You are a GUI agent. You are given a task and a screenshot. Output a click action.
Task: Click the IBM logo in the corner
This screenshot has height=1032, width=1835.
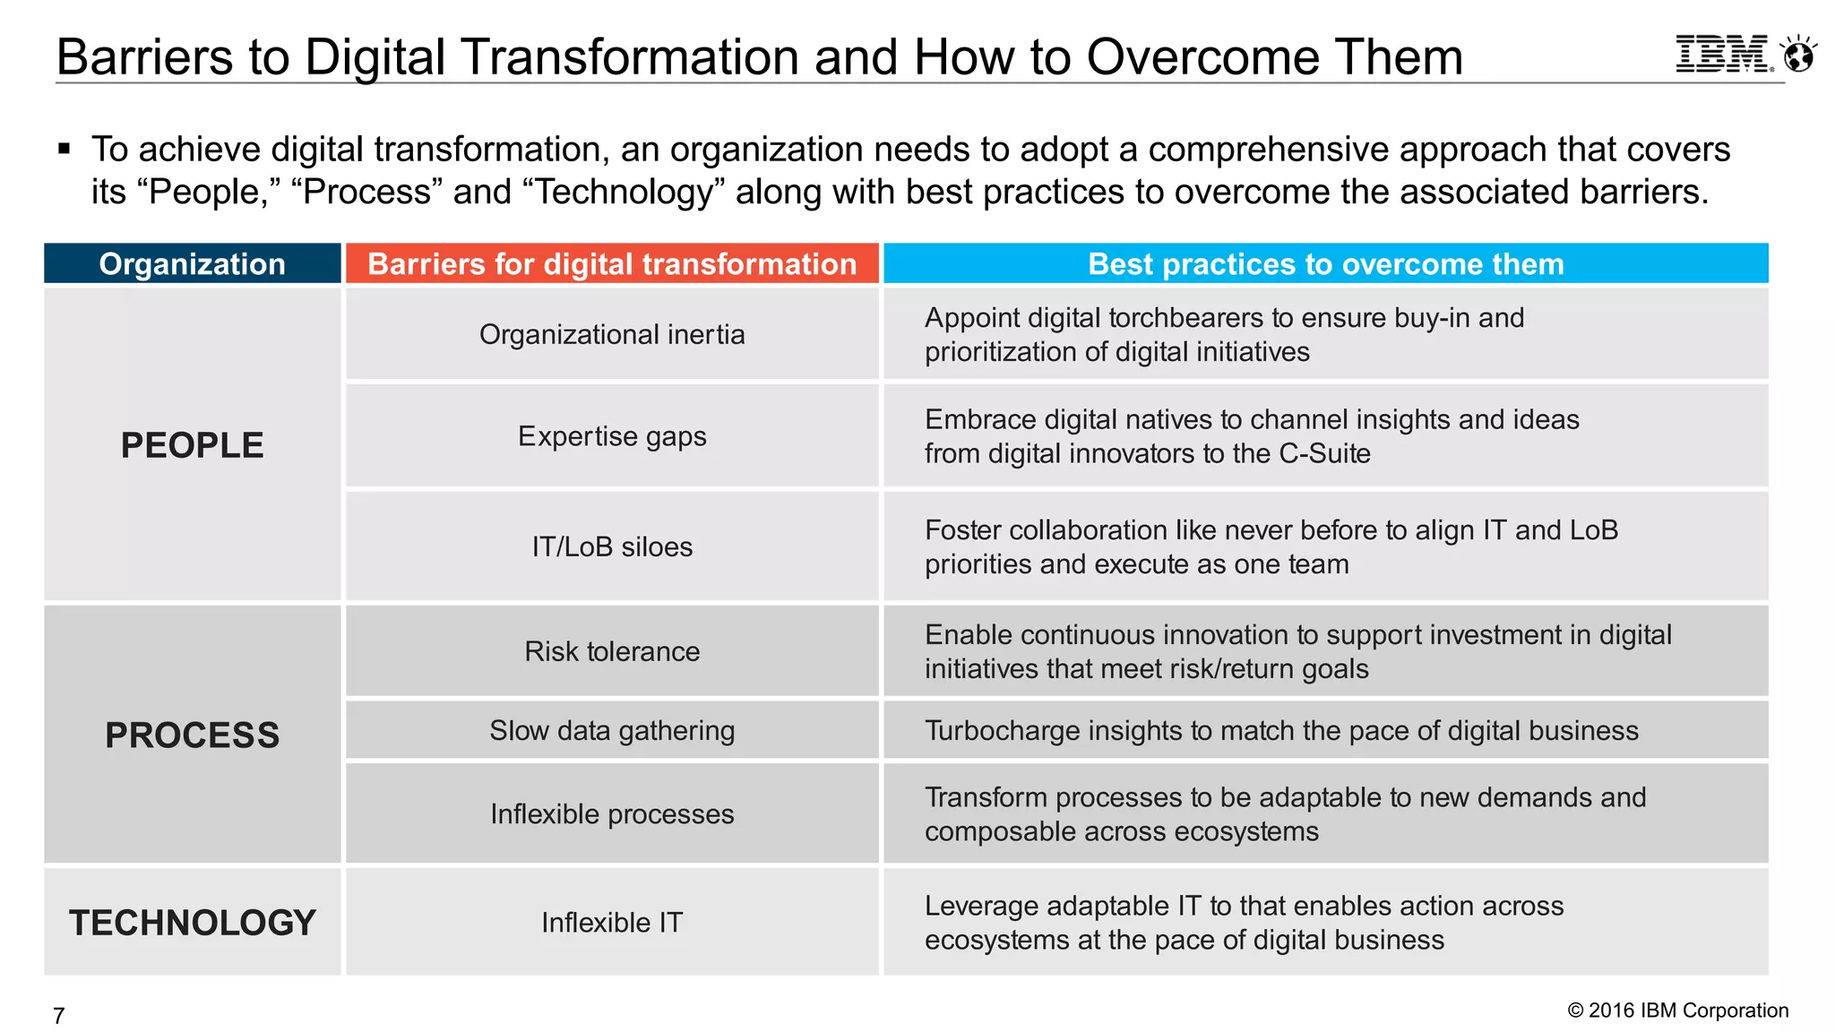(1723, 55)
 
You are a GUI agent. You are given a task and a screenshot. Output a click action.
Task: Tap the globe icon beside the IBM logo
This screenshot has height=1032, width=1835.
(1798, 55)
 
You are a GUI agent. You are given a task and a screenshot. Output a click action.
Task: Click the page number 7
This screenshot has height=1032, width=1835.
(59, 1016)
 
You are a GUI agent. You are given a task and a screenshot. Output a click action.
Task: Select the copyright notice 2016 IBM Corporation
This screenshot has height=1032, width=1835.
(1677, 1010)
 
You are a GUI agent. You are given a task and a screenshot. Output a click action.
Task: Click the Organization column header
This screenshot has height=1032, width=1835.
(192, 264)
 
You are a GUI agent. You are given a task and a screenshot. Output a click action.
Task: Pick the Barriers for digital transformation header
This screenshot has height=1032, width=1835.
(612, 264)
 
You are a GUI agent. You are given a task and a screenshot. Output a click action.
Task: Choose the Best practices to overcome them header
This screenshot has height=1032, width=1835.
(1325, 264)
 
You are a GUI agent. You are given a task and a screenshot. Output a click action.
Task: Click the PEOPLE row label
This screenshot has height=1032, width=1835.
(192, 445)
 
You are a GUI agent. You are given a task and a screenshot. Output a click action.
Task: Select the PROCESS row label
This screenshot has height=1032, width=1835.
(192, 735)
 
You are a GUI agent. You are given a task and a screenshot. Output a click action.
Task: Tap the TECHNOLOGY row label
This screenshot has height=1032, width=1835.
(192, 923)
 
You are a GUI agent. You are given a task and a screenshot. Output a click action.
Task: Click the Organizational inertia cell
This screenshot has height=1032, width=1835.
(612, 334)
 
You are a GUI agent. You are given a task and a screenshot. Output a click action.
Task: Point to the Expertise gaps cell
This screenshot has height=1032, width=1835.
(612, 436)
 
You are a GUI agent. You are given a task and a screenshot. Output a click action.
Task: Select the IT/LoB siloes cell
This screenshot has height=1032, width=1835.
(612, 546)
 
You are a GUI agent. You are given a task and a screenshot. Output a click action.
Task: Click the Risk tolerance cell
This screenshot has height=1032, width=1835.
(612, 651)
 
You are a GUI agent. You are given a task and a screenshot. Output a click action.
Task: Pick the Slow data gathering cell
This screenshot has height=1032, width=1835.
(612, 731)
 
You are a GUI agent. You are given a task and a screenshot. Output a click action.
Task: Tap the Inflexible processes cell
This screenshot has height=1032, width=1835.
(612, 814)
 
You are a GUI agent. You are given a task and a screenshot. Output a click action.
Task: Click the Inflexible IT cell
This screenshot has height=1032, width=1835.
(612, 923)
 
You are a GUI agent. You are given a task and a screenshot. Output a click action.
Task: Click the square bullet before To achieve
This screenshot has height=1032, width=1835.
(65, 149)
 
